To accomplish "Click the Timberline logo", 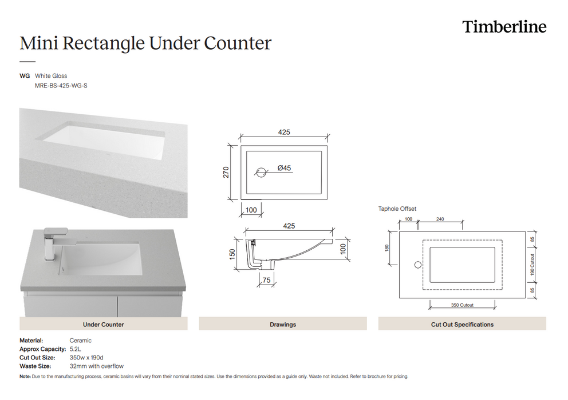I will [x=504, y=27].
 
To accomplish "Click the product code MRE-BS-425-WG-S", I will [x=61, y=86].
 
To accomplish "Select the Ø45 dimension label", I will [x=284, y=168].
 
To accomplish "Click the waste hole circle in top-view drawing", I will [x=261, y=171].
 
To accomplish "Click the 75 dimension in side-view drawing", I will [x=266, y=280].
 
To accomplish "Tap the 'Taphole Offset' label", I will [x=397, y=209].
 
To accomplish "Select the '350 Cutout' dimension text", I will [x=462, y=305].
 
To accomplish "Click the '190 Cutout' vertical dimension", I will [x=532, y=265].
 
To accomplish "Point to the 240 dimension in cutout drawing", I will [x=440, y=219].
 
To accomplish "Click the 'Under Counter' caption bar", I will [x=104, y=324].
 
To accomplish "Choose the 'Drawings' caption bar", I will [x=283, y=324].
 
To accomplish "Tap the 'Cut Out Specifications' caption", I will [x=462, y=324].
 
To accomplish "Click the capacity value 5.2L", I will [x=76, y=349].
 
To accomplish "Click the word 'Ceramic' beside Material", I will [x=80, y=340].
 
